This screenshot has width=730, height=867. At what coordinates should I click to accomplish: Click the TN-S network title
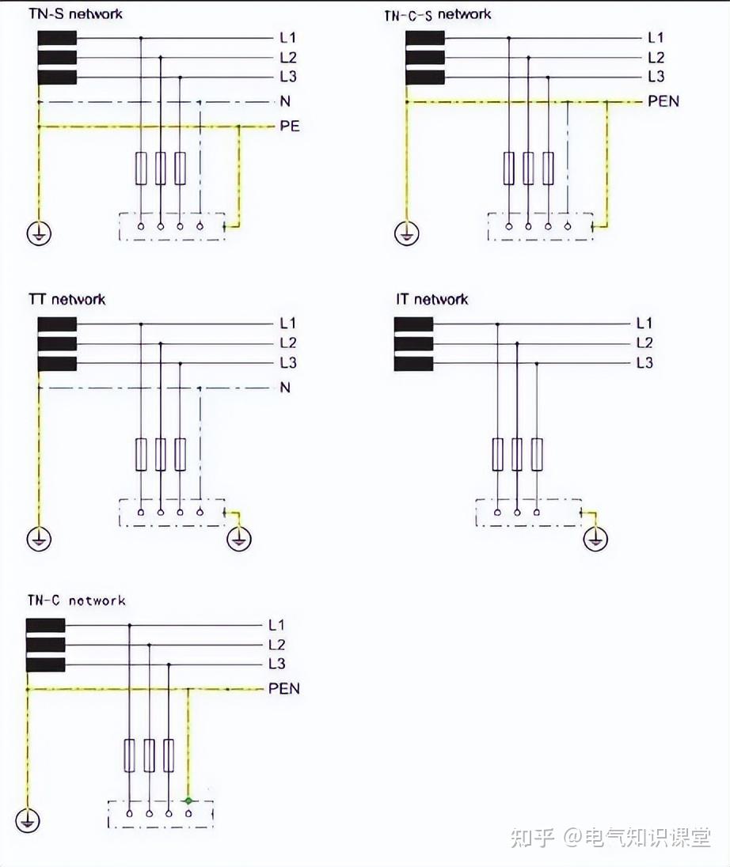[x=75, y=14]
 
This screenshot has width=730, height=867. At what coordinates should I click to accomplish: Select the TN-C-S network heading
[x=437, y=14]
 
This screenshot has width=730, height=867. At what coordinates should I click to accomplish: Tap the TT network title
[x=67, y=300]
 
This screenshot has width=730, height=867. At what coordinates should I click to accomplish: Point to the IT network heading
[x=432, y=300]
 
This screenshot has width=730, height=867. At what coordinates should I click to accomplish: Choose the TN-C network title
[x=76, y=600]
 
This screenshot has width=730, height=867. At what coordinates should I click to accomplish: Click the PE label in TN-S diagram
[x=290, y=126]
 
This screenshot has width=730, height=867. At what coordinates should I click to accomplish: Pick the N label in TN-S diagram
[x=284, y=101]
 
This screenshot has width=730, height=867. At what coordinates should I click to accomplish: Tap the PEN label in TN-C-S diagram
[x=663, y=101]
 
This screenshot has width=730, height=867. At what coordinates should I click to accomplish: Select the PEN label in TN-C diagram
[x=284, y=688]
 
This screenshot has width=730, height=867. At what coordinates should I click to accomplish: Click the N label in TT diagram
[x=284, y=388]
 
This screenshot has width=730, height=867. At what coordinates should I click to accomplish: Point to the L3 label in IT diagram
[x=644, y=363]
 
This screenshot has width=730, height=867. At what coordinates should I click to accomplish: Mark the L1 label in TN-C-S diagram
[x=656, y=37]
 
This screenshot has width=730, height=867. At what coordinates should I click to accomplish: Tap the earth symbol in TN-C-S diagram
[x=406, y=234]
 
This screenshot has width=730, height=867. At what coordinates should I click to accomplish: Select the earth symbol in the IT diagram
[x=595, y=540]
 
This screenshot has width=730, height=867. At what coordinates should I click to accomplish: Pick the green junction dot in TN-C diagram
[x=188, y=801]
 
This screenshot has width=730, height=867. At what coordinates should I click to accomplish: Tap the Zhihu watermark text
[x=610, y=837]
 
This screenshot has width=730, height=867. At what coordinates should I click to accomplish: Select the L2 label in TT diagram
[x=287, y=343]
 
